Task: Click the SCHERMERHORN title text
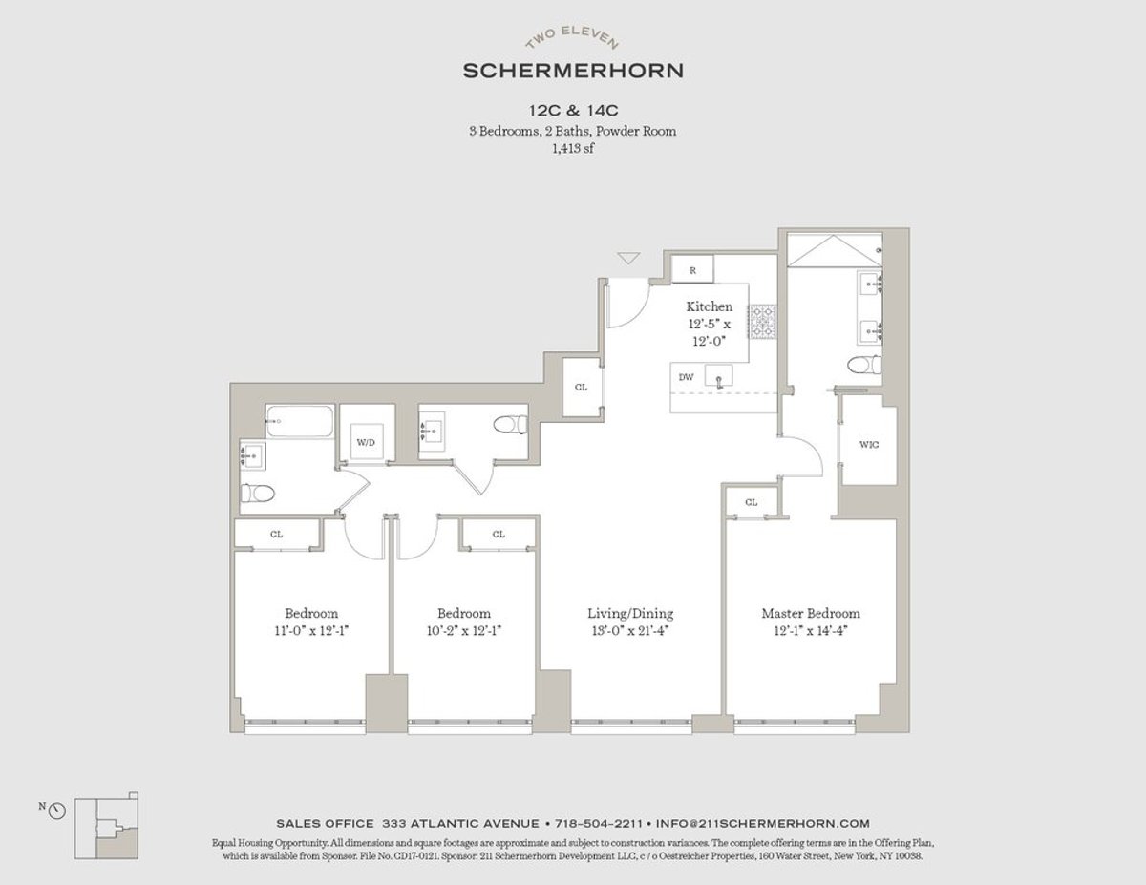click(x=573, y=70)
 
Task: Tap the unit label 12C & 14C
click(x=573, y=111)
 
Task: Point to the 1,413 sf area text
click(x=573, y=148)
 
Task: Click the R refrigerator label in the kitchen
click(x=692, y=271)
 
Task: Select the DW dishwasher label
click(x=686, y=377)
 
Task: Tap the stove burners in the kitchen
click(x=763, y=321)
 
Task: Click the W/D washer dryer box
click(x=366, y=441)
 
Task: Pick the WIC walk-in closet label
click(x=868, y=444)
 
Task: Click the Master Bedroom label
click(x=811, y=613)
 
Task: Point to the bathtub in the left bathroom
click(x=300, y=422)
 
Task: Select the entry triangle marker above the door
click(x=627, y=258)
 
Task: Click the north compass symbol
click(x=56, y=811)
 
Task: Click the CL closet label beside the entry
click(x=581, y=388)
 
